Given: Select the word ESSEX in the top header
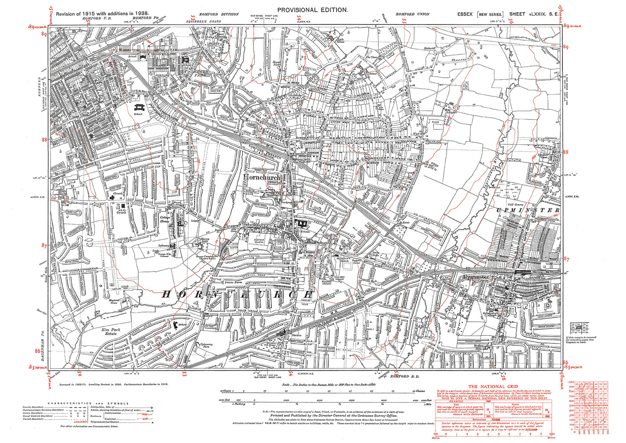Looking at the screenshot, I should pos(466,14).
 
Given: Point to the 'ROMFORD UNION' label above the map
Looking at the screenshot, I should pos(412,14).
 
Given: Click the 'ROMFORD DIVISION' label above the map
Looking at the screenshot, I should pos(218,14).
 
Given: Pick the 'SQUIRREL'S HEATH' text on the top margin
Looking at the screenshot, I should pos(201,21).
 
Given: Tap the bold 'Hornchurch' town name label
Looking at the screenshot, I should pos(262,177).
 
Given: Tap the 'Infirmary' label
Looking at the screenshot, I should pos(163,245).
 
